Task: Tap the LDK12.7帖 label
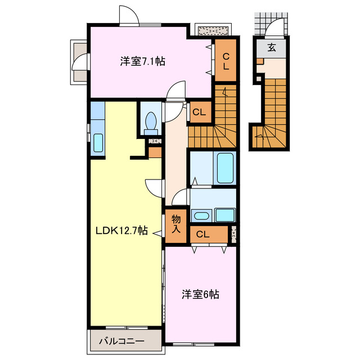point(121,230)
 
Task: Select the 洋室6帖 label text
point(200,294)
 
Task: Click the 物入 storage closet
point(175,224)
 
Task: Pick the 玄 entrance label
point(272,47)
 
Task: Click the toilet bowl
point(151,121)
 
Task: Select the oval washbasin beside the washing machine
point(201,215)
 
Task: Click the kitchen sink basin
point(97,143)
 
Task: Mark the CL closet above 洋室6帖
point(204,235)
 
